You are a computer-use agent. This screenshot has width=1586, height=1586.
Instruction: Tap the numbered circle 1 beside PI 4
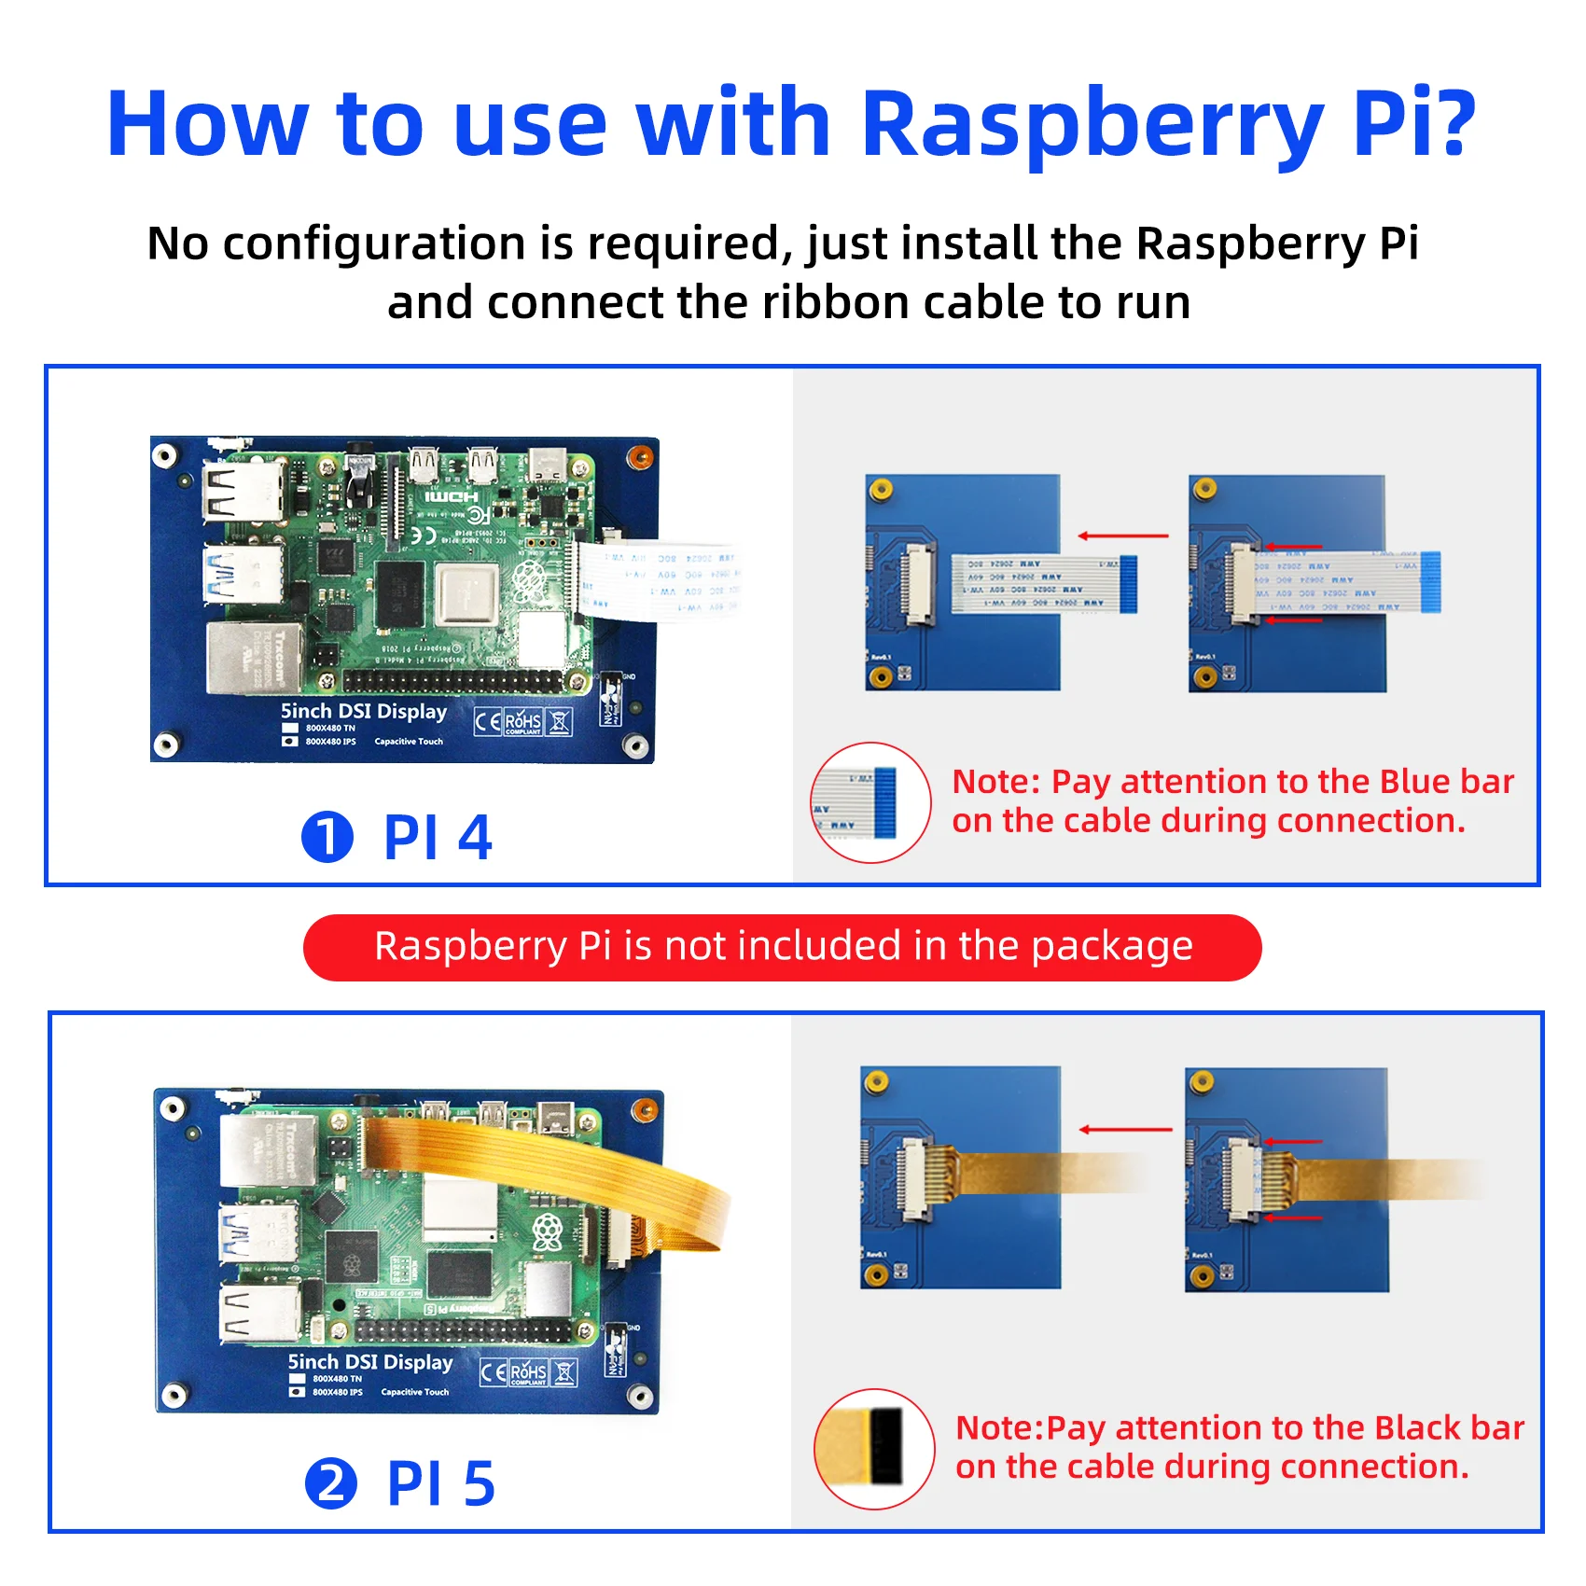pos(327,837)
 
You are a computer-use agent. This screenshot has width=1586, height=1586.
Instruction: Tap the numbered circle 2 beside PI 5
pos(331,1483)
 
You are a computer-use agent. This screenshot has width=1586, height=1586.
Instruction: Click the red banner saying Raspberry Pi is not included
pos(782,947)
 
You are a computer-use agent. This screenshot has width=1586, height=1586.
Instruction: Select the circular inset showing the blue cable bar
pos(870,802)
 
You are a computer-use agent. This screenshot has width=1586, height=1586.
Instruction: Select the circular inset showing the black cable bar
pos(874,1448)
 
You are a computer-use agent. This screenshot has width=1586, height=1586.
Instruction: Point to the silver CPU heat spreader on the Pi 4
pos(464,594)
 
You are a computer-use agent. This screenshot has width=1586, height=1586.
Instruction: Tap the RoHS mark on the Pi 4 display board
pos(522,721)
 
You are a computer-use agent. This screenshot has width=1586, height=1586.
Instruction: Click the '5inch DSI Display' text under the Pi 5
pos(369,1362)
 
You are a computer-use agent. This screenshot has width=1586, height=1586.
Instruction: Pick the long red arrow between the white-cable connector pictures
pos(1123,536)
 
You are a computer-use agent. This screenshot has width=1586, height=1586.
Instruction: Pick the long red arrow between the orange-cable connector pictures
pos(1125,1130)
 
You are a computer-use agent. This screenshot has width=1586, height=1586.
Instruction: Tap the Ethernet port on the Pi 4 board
pos(253,657)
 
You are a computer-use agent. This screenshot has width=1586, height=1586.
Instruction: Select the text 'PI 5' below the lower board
pos(440,1483)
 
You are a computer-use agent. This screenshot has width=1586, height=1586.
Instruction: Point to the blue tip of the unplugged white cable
pos(1127,583)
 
